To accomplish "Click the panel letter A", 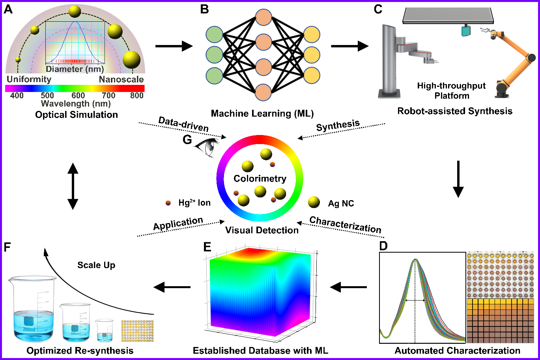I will (8, 9).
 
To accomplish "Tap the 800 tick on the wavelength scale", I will (137, 95).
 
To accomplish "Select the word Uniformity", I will (29, 79).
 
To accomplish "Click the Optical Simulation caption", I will (77, 115).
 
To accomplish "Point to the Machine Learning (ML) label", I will (262, 114).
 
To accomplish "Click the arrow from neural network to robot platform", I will (349, 47).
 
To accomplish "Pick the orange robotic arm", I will (511, 63).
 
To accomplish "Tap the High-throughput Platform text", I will (452, 91).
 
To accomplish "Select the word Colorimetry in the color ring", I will (260, 178).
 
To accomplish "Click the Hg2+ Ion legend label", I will (194, 203).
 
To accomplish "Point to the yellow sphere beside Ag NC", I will (314, 202).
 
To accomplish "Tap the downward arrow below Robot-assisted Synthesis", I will (458, 179).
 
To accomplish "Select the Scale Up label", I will (96, 265).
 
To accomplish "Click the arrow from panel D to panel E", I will (348, 287).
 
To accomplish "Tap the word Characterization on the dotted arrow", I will (345, 225).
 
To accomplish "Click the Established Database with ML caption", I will (260, 351).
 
